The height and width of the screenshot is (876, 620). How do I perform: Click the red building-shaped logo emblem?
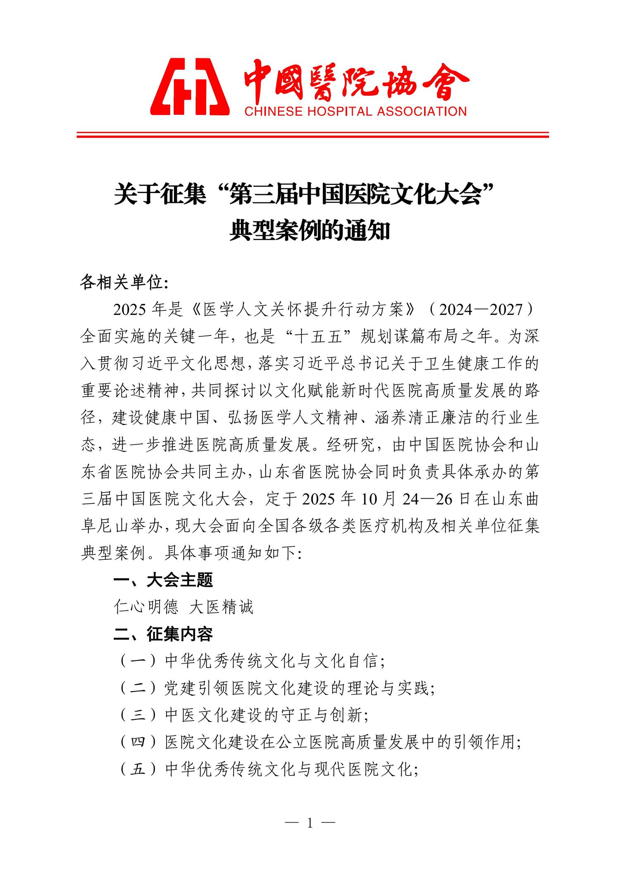[x=189, y=87]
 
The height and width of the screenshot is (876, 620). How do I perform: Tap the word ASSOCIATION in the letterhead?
[x=415, y=111]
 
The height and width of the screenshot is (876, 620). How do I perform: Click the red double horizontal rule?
[x=312, y=134]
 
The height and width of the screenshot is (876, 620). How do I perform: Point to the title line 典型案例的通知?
[x=310, y=231]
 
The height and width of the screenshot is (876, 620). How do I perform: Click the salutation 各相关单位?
[x=122, y=283]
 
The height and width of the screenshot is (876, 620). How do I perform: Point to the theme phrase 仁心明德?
[x=146, y=607]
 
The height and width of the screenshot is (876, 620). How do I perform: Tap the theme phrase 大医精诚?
[x=221, y=607]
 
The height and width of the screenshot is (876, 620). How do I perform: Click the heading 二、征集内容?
[x=163, y=634]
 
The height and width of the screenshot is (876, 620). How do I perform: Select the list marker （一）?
[x=138, y=662]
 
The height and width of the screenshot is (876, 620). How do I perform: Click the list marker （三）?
[x=138, y=715]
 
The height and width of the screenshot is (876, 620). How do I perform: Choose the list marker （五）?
[x=138, y=769]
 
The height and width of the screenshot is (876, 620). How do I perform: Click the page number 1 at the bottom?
[x=310, y=835]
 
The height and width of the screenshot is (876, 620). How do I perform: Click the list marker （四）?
[x=138, y=743]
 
